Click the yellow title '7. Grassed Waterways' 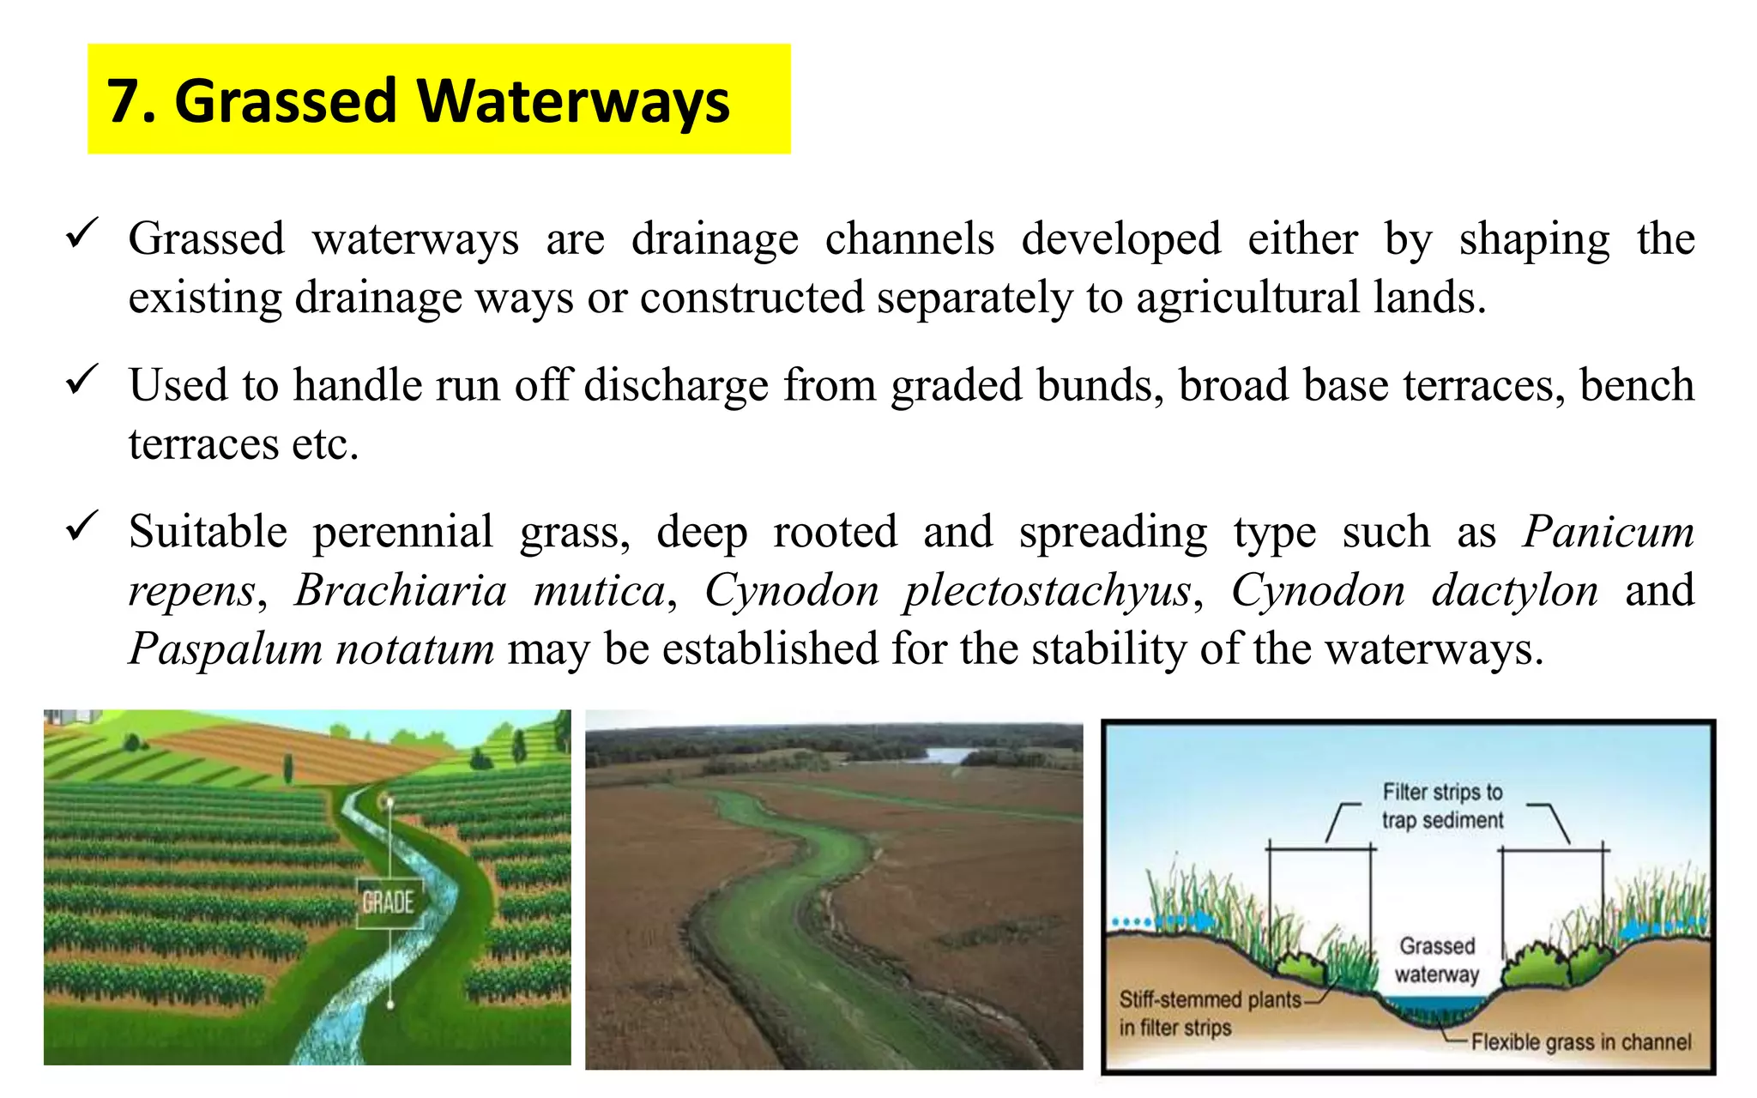click(418, 101)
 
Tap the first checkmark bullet click(82, 233)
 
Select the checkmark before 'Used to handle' click(82, 379)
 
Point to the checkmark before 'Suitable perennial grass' click(82, 526)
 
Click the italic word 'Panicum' click(1609, 532)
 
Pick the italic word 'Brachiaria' click(401, 591)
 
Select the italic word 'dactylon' click(1515, 592)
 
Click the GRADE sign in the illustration click(389, 902)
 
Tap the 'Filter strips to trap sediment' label click(1442, 806)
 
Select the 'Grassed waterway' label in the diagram click(1437, 960)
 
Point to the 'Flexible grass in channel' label click(1580, 1042)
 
